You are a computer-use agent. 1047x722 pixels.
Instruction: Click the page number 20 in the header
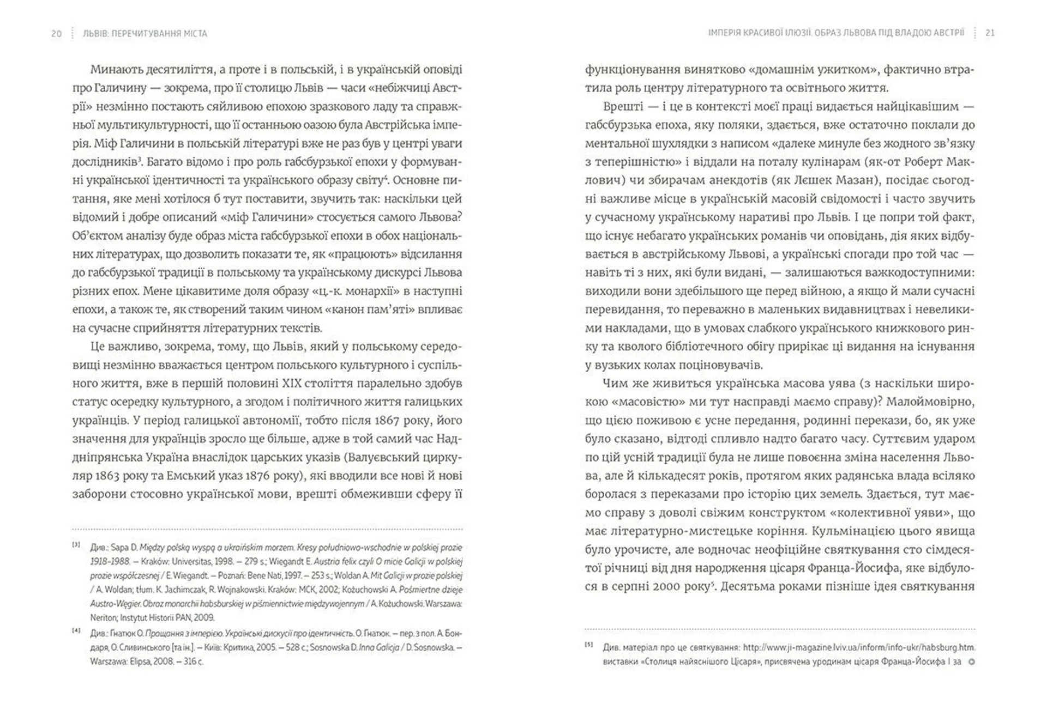(x=56, y=34)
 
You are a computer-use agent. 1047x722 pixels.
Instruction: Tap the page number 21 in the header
(x=990, y=33)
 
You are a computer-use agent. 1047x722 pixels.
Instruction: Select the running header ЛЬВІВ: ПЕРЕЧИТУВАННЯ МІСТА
(x=145, y=34)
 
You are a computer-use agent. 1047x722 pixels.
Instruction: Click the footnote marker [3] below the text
(x=76, y=544)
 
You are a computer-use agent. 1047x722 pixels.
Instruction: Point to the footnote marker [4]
(x=76, y=630)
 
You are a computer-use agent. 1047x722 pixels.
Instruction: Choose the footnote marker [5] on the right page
(x=589, y=645)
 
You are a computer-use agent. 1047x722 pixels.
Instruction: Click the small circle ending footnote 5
(x=971, y=663)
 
